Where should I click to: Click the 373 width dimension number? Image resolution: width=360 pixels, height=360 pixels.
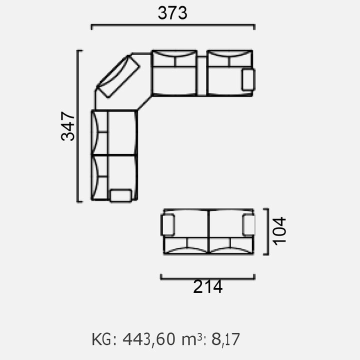pos(172,13)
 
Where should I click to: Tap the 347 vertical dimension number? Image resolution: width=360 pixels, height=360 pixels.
pos(68,126)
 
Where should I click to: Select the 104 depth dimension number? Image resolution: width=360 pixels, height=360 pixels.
pos(279,231)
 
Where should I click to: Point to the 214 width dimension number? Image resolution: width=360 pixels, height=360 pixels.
pos(208,287)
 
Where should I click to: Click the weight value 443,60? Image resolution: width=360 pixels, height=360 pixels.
pos(149,339)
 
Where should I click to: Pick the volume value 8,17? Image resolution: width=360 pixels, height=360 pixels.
pos(225,339)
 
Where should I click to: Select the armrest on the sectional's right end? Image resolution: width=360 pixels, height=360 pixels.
pos(248,79)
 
